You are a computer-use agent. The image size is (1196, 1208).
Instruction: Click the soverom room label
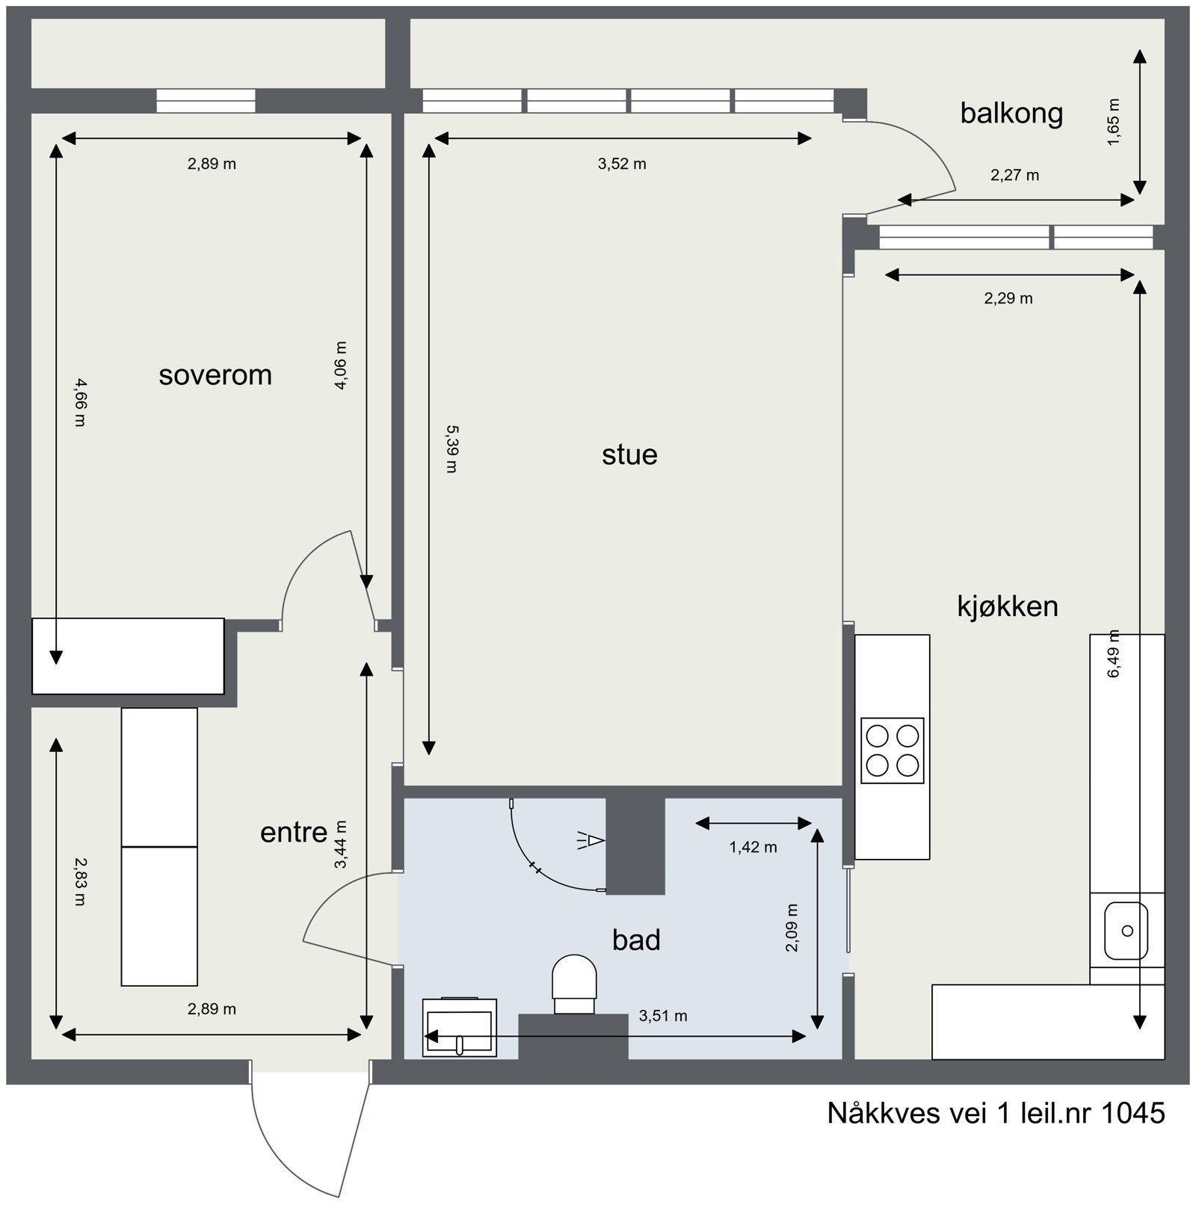point(215,375)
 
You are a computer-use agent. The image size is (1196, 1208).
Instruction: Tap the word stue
point(629,454)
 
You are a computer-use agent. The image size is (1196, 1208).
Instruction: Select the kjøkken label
point(1008,606)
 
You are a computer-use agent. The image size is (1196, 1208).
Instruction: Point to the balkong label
point(1011,114)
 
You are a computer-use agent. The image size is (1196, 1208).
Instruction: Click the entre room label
point(294,832)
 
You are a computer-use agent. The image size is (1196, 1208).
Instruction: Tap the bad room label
point(636,940)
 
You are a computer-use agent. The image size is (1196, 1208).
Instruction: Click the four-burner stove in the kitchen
point(892,751)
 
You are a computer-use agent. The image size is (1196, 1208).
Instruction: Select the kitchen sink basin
point(1126,931)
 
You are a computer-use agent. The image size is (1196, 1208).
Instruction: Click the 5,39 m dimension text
point(451,449)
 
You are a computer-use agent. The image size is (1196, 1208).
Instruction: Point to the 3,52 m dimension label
point(622,164)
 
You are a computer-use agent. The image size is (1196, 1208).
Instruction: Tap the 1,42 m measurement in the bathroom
point(753,847)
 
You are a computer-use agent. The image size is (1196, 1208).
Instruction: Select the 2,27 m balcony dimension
point(1014,176)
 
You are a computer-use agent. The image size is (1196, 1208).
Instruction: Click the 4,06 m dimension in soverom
point(341,366)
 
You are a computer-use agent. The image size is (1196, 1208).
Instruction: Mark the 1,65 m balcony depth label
point(1114,122)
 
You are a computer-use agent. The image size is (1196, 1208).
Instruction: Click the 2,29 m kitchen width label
point(1008,299)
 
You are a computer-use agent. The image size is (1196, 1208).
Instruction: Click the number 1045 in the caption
point(1133,1113)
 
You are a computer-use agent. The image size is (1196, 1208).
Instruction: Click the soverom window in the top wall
point(206,101)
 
